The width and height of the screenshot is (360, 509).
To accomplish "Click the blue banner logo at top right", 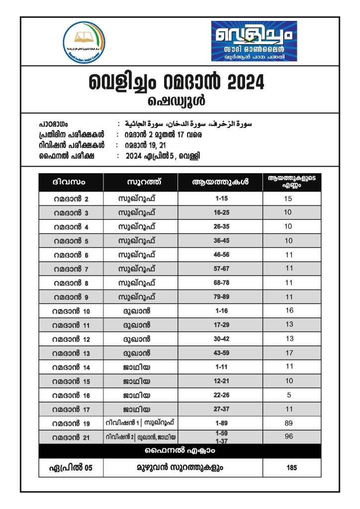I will click(254, 41).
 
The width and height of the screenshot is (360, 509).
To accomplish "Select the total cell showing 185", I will click(292, 468).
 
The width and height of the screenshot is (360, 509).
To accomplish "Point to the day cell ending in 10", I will click(71, 311).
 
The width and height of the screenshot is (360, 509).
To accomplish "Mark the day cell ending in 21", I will click(71, 437).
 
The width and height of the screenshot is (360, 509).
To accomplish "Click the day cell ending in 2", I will click(71, 199).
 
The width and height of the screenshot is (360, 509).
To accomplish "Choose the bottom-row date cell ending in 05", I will click(71, 468).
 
